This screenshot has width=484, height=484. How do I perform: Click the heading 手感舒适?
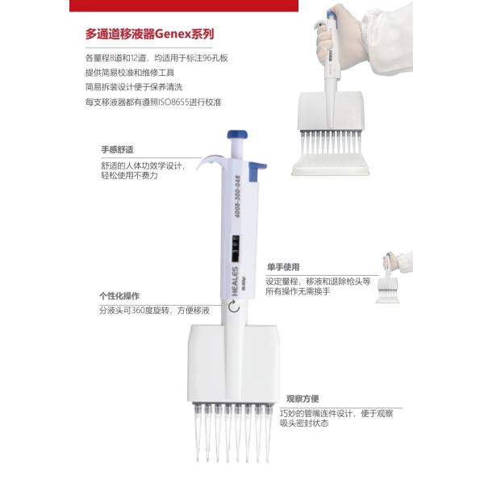point(117,150)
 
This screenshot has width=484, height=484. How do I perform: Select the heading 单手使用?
point(283,267)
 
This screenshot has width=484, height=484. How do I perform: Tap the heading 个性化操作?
point(119,295)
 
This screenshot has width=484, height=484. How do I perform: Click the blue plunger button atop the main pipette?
point(238,135)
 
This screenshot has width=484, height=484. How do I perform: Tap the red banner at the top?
point(242,5)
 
